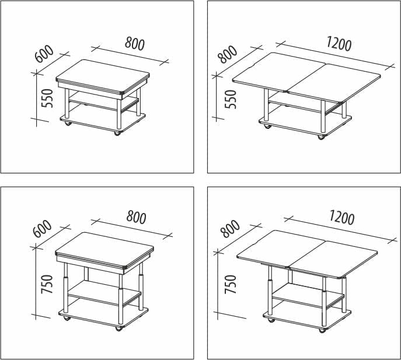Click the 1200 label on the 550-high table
(339, 43)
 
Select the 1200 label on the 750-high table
(341, 218)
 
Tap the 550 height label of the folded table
(47, 99)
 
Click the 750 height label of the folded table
(47, 284)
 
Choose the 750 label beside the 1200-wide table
(230, 284)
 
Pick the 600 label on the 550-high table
(44, 54)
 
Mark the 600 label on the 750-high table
(43, 229)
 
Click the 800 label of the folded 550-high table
(135, 43)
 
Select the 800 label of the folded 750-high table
(136, 217)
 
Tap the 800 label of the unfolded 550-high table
(228, 54)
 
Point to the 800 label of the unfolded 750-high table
(230, 229)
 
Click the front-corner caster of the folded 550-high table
(117, 133)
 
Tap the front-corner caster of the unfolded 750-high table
(322, 330)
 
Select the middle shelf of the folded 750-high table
(104, 293)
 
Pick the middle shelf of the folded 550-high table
(103, 102)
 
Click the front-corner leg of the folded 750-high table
(121, 299)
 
